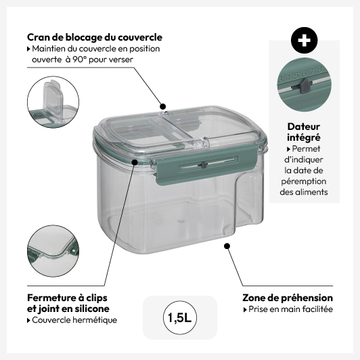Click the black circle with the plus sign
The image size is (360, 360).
[305, 41]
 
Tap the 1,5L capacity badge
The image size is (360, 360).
[180, 318]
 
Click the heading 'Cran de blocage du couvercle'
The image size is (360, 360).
[95, 37]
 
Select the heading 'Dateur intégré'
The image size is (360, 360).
[304, 132]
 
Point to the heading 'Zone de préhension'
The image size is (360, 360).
[288, 298]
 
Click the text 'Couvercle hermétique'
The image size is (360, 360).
[74, 320]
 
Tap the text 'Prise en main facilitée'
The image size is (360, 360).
[291, 309]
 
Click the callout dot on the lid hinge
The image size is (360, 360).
[163, 106]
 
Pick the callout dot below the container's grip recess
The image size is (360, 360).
[227, 246]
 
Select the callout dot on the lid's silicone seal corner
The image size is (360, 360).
[135, 162]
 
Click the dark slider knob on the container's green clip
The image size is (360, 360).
[204, 164]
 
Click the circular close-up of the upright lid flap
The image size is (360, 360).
[53, 102]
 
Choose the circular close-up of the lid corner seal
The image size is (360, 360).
[53, 251]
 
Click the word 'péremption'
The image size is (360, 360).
[304, 181]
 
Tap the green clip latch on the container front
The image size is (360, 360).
[206, 164]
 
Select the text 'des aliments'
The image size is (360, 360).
[304, 192]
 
